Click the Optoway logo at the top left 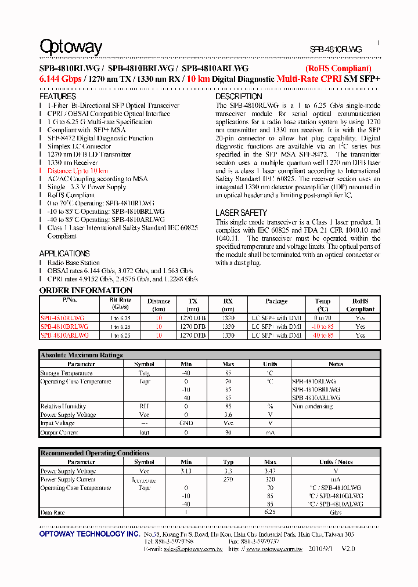click(71, 47)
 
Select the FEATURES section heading click(57, 96)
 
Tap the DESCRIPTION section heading click(239, 96)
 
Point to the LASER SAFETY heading click(241, 213)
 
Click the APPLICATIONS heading click(64, 253)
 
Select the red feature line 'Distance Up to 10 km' click(77, 171)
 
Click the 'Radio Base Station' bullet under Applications click(73, 263)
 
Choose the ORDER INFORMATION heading click(86, 290)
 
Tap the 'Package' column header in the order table click(276, 301)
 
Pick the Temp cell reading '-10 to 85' click(323, 327)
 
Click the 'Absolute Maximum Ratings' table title click(81, 355)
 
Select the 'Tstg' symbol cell click(144, 373)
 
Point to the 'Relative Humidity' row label click(63, 407)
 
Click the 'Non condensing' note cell click(312, 407)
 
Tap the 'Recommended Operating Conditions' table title click(95, 453)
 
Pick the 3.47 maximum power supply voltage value click(270, 471)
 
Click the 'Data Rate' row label click(52, 513)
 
